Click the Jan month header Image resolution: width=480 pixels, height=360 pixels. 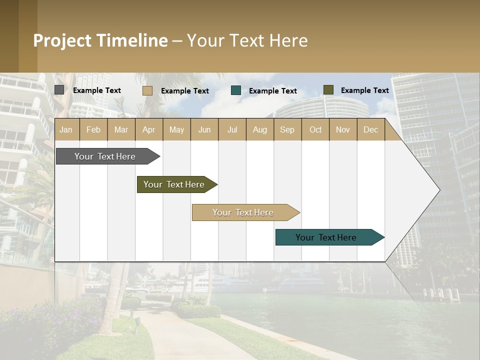point(66,129)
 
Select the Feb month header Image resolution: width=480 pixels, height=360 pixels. point(93,129)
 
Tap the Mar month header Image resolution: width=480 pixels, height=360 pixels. point(121,129)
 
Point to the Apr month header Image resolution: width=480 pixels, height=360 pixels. point(149,129)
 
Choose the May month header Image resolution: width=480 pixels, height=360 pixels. point(176,129)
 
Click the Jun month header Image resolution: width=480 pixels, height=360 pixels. point(204,129)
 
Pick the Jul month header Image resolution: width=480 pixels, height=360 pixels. point(232,129)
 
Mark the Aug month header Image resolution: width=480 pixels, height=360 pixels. point(260,129)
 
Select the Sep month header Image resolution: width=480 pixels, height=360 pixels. point(287,129)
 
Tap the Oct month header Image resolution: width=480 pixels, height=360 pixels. point(315,129)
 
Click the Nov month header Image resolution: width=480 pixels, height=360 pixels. point(343,129)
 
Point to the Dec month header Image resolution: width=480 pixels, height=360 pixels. point(371,129)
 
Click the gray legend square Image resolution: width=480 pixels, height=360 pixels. point(59,90)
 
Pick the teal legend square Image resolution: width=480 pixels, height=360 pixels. point(236,90)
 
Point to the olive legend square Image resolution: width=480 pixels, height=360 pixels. point(328,90)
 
